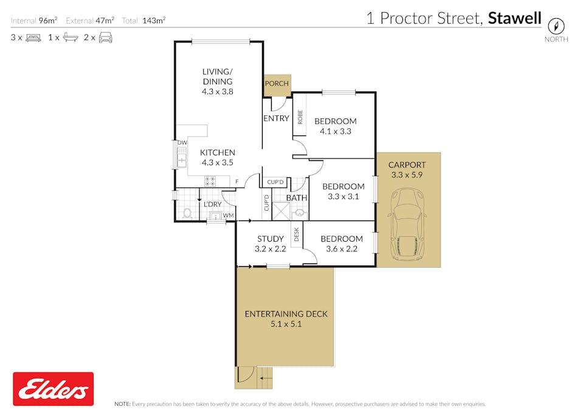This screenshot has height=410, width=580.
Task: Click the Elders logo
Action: coord(54,389)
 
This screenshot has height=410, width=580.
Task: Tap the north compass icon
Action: coord(556,26)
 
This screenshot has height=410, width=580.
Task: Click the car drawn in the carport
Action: coord(407,225)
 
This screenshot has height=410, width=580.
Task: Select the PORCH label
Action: coord(277,84)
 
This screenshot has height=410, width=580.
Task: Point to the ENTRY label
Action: coord(276,118)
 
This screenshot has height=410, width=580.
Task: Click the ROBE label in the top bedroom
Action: coord(300,117)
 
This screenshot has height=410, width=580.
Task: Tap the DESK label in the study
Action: coord(296,234)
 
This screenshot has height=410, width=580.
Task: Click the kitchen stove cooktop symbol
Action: coord(210,181)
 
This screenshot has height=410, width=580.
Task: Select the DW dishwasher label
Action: coord(182,143)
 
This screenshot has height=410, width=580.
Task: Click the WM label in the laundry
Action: coord(228,215)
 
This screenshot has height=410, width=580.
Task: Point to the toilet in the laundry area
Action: coord(187,213)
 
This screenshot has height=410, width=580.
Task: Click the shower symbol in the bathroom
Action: coord(281,211)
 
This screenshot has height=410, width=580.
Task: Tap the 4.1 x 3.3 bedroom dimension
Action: coord(336,131)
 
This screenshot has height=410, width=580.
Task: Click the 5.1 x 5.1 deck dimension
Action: coord(286,324)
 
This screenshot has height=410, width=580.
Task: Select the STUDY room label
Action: coord(271,239)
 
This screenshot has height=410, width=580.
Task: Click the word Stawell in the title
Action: coord(514,18)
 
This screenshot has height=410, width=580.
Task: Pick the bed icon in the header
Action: coord(33,38)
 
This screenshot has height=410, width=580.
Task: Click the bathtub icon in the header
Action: coord(71,37)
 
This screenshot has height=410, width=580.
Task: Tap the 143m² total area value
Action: coord(154,20)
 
